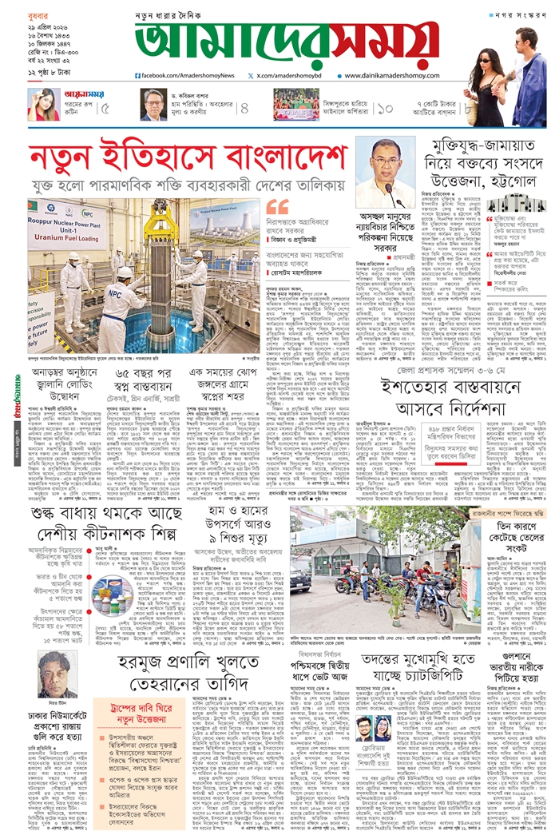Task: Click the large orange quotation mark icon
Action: pos(278,205)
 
